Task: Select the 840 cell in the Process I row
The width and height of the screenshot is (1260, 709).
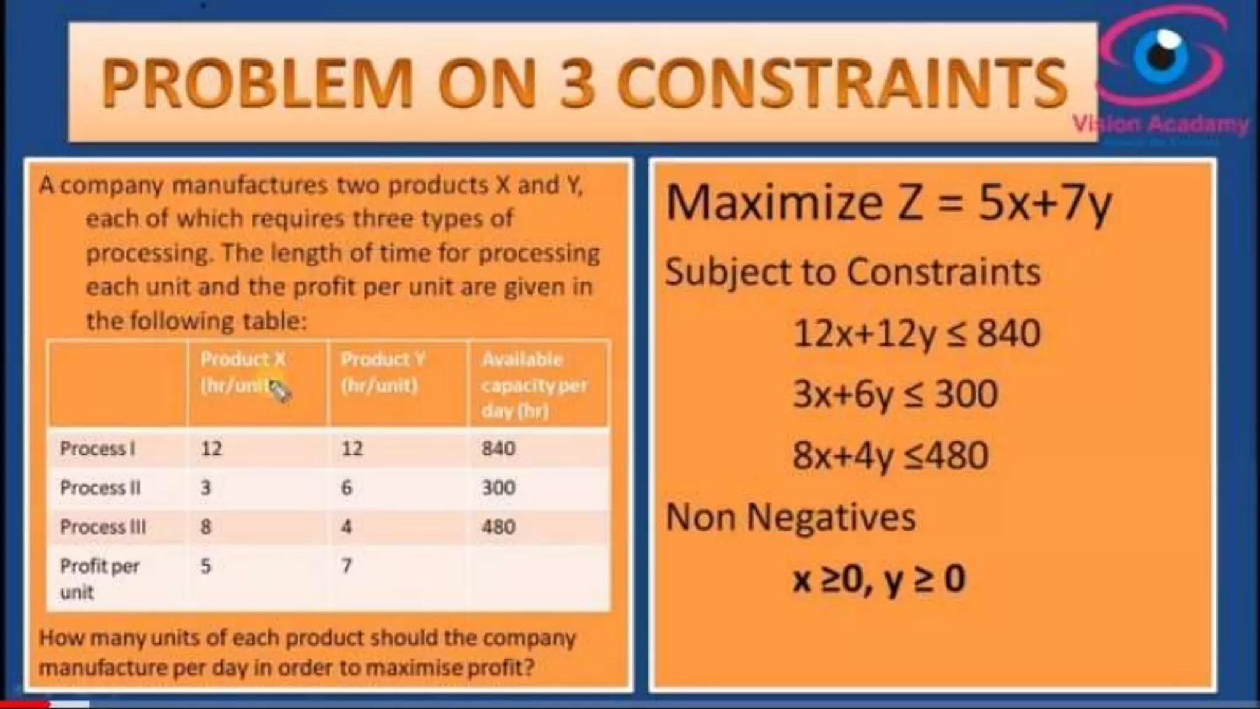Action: (498, 449)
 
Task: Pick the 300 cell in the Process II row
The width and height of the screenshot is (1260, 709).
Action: (498, 488)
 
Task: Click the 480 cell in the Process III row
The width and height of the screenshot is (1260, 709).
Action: (498, 527)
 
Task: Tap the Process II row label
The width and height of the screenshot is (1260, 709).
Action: (100, 488)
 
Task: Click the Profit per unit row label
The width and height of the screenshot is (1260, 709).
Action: (98, 579)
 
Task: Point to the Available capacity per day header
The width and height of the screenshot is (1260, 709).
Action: (534, 385)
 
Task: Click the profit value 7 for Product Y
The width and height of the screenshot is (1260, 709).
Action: (346, 566)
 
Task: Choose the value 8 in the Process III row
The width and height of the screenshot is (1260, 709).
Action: (205, 527)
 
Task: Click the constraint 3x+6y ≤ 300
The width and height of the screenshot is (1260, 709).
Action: (895, 395)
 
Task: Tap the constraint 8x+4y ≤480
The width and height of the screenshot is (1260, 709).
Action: (890, 456)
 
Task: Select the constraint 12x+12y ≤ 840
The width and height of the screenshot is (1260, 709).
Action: (917, 334)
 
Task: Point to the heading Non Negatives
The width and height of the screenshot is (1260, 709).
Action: (791, 517)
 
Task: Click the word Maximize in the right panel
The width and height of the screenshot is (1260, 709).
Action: (774, 203)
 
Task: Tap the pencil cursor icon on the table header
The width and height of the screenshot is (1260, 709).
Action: (279, 391)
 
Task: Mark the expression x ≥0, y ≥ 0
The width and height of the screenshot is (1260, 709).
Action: (879, 579)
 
